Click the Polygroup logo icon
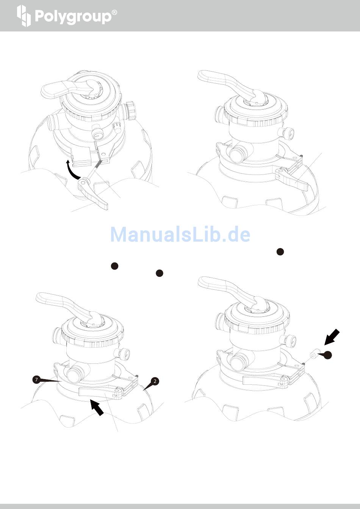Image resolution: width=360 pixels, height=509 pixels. pyautogui.click(x=23, y=16)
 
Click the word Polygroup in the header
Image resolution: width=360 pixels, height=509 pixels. pyautogui.click(x=73, y=17)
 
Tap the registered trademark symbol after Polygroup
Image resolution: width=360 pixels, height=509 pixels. pyautogui.click(x=115, y=12)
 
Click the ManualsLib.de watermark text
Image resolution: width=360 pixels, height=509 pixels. pyautogui.click(x=180, y=234)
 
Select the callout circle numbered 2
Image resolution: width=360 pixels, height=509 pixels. pyautogui.click(x=155, y=381)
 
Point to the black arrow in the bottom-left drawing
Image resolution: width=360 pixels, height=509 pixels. pyautogui.click(x=97, y=408)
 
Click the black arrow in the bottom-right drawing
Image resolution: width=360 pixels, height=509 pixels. pyautogui.click(x=332, y=338)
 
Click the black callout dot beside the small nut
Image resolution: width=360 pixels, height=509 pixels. pyautogui.click(x=328, y=355)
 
